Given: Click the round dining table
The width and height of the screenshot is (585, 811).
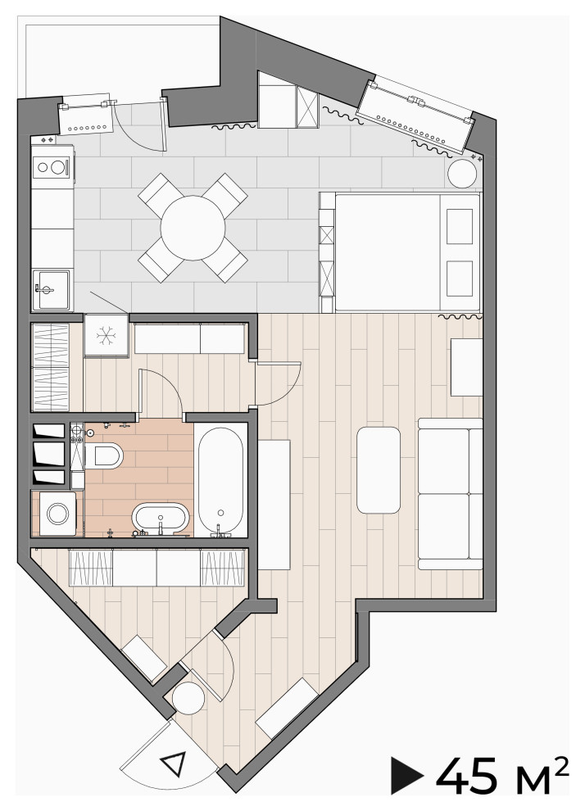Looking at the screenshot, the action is pyautogui.click(x=193, y=228).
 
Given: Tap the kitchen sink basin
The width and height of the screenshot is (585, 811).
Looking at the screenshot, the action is pyautogui.click(x=51, y=290).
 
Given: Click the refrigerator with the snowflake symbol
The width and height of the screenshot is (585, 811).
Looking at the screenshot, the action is pyautogui.click(x=106, y=335).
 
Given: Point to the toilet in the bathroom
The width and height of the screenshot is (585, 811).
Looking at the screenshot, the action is pyautogui.click(x=104, y=455).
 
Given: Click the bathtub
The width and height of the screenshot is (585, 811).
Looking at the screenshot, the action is pyautogui.click(x=221, y=480).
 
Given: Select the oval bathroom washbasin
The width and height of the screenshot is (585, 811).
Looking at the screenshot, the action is pyautogui.click(x=161, y=518).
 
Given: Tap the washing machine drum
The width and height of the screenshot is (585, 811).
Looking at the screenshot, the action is pyautogui.click(x=57, y=514).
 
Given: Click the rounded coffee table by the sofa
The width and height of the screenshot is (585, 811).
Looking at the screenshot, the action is pyautogui.click(x=378, y=469).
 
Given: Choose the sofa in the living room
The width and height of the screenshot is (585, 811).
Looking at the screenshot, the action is pyautogui.click(x=450, y=494).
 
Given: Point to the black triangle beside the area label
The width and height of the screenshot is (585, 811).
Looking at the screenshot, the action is pyautogui.click(x=406, y=775).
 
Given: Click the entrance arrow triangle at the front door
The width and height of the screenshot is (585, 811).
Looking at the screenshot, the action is pyautogui.click(x=174, y=763).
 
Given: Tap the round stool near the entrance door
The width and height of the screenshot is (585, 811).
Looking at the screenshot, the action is pyautogui.click(x=188, y=698).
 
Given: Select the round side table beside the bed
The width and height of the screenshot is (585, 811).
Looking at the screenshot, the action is pyautogui.click(x=461, y=174).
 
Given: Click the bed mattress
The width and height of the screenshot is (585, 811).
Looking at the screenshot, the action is pyautogui.click(x=388, y=252).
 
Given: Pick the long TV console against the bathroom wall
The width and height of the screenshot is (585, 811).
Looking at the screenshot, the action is pyautogui.click(x=274, y=505).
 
